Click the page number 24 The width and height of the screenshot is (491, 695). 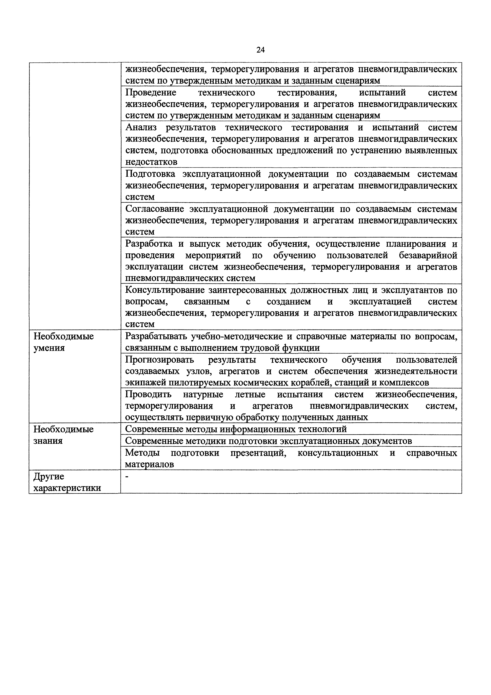point(260,50)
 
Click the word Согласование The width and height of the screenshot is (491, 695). point(155,209)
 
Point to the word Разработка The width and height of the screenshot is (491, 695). point(149,244)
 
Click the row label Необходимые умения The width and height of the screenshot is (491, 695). point(64,342)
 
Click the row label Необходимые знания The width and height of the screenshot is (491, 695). point(64,435)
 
